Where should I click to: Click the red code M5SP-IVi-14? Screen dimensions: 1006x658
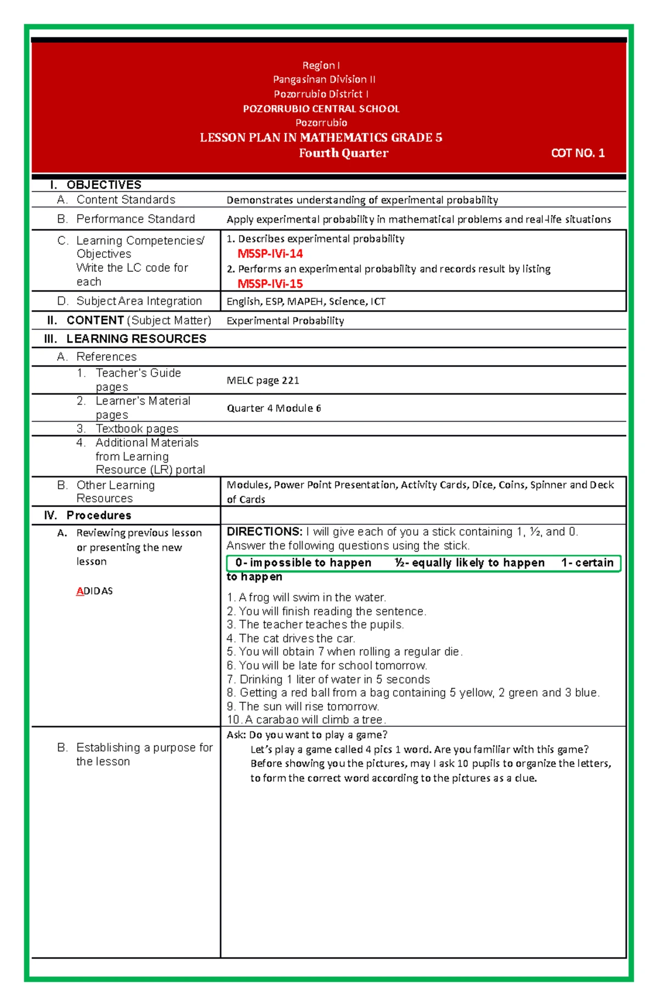point(270,253)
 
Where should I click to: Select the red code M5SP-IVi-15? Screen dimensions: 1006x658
point(270,283)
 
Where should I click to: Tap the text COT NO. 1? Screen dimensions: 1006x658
point(577,153)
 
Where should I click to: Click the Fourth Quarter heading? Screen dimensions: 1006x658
point(343,153)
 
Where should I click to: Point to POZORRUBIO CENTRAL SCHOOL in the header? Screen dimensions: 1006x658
point(321,109)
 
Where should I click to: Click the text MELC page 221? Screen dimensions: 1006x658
point(263,380)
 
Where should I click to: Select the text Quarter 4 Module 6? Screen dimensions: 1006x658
point(274,408)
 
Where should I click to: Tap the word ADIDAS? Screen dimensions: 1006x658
point(94,591)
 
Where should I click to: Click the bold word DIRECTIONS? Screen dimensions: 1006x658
point(264,531)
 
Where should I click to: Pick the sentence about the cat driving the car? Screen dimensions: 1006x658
point(291,638)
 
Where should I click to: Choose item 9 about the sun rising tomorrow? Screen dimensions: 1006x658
point(303,706)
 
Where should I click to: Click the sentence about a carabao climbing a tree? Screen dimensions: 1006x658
point(307,719)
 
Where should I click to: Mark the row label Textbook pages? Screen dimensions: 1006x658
point(137,429)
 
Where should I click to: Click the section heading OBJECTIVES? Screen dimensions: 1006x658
point(104,185)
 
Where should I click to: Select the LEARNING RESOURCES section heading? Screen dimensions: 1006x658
point(136,339)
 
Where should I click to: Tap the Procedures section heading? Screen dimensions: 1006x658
point(99,515)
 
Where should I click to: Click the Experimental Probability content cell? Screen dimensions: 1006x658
point(285,321)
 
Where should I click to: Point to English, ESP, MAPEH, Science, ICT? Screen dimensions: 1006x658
point(306,301)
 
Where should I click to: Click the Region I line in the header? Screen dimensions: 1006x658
point(321,65)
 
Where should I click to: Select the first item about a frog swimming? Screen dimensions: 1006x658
point(307,597)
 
